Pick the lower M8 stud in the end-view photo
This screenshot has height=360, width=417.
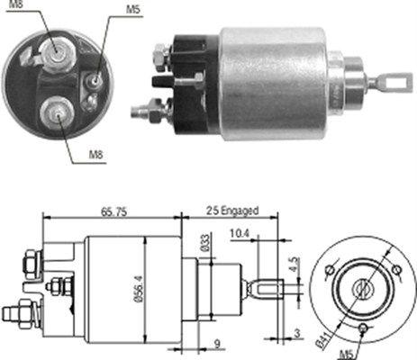point(55,112)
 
